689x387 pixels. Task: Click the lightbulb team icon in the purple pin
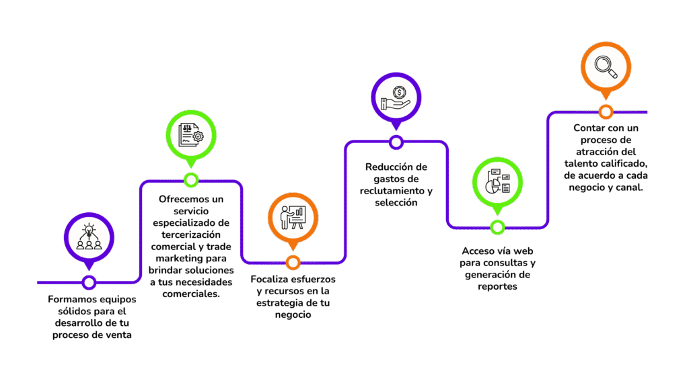coord(89,236)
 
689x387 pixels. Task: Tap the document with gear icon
coord(191,134)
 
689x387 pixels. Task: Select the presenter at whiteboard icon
coord(293,217)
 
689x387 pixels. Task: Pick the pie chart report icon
coord(497,181)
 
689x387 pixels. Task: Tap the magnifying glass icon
coord(606,65)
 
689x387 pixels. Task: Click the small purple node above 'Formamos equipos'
coord(89,282)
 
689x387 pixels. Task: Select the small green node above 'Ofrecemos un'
coord(191,179)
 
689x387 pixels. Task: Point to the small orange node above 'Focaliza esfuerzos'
coord(293,262)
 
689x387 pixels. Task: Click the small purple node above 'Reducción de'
coord(396,142)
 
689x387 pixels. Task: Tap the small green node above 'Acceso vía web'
coord(497,227)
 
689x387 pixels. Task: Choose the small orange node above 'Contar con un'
coord(606,112)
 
